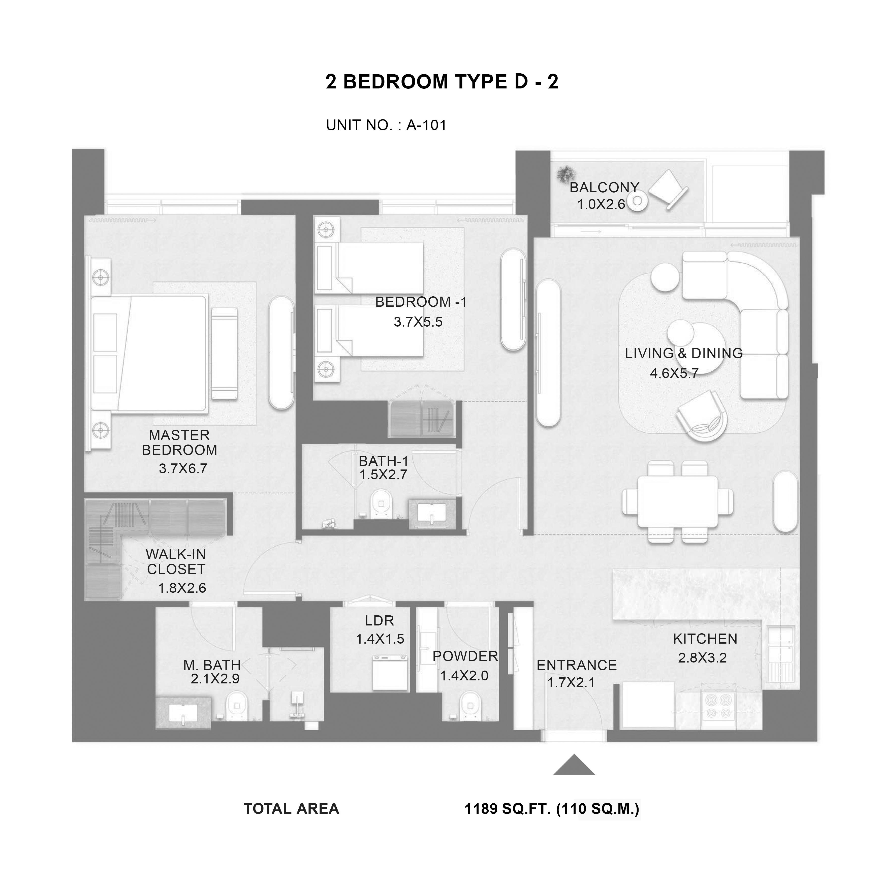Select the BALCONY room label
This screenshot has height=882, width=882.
(604, 187)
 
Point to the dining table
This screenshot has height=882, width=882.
(677, 501)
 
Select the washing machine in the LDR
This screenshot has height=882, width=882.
(390, 672)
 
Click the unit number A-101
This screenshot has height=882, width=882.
(426, 125)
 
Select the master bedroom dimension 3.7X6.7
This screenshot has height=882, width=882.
(183, 468)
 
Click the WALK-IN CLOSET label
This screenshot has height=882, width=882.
(176, 561)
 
